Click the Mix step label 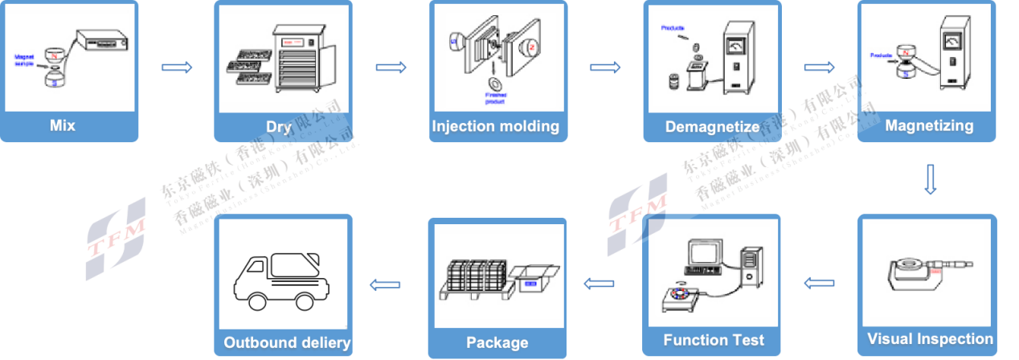(62, 125)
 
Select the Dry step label (278, 126)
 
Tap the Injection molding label (495, 126)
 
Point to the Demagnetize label (712, 127)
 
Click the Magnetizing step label (929, 126)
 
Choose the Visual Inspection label (930, 339)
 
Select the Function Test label (714, 340)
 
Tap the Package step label (497, 343)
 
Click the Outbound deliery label (287, 343)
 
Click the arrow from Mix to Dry (177, 67)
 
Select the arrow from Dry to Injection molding (391, 67)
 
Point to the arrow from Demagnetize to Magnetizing (820, 67)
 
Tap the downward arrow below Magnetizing (930, 179)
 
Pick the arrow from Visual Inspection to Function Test (820, 282)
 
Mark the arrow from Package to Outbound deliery (386, 282)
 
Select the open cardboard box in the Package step (531, 281)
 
